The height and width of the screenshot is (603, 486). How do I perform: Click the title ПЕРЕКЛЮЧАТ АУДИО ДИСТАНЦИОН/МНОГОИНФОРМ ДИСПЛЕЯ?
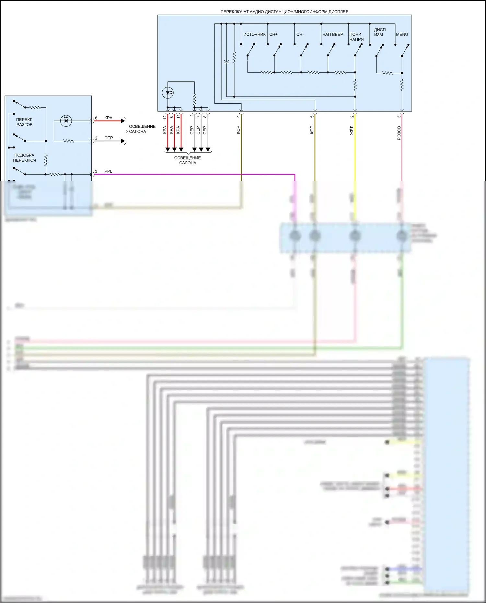284,12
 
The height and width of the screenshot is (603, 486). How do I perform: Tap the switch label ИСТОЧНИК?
254,34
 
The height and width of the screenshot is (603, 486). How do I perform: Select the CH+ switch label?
273,34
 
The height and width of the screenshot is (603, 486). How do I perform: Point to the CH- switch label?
300,34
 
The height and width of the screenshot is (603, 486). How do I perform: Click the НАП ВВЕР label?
332,34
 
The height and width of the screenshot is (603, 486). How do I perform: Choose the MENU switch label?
402,34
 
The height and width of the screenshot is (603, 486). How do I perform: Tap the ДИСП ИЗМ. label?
379,32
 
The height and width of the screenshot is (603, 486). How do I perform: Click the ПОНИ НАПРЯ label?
356,37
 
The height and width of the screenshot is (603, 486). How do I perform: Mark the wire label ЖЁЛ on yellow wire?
352,130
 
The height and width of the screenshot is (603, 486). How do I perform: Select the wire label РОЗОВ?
399,133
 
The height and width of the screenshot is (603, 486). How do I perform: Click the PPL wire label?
108,171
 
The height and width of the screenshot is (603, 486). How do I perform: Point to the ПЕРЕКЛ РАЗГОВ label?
24,122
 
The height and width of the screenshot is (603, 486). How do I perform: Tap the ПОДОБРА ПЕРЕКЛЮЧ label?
24,158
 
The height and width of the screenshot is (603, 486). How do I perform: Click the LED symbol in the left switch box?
66,121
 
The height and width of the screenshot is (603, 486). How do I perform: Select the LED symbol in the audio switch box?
168,93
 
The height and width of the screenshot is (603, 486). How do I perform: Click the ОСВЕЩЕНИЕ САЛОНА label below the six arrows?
188,160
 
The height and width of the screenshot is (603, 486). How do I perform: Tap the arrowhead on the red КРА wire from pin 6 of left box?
123,121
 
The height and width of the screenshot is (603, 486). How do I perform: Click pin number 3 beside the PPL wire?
96,171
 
